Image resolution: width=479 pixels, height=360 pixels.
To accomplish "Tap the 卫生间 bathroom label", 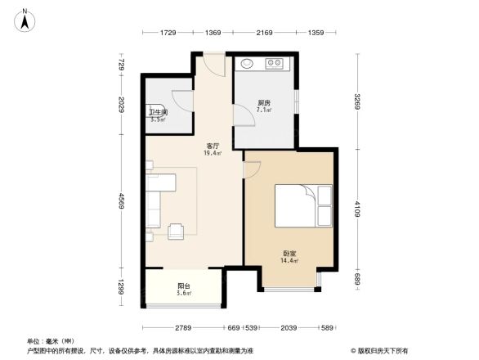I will tap(158, 112).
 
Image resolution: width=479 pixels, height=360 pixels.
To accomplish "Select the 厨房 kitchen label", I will tap(263, 103).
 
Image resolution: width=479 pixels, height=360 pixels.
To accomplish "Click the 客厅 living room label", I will tap(212, 146).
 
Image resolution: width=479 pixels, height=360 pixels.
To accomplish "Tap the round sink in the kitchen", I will tap(248, 62).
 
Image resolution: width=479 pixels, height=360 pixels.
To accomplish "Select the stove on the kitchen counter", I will tap(273, 62).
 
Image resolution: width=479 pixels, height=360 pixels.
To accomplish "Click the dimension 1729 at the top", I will tap(168, 32).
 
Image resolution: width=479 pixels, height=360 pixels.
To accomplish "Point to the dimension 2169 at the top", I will tap(264, 32).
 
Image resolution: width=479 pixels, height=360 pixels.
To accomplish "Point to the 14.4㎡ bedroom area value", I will tap(290, 261).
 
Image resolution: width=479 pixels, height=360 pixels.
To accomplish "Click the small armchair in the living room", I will tap(177, 232).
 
